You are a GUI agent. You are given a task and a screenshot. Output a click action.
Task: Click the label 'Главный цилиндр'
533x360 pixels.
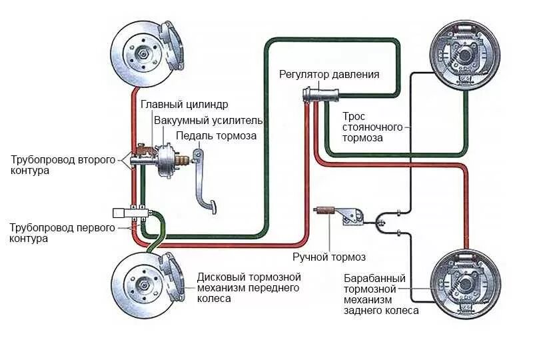[x=185, y=105]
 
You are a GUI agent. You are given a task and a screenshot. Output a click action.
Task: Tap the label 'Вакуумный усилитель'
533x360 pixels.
[x=209, y=121]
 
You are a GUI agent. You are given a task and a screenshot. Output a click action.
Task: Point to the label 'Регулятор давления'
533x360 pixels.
[x=329, y=75]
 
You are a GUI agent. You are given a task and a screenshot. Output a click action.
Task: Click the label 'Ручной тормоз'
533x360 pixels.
[x=329, y=257]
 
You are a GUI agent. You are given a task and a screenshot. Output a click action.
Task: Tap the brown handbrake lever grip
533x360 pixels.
[x=325, y=212]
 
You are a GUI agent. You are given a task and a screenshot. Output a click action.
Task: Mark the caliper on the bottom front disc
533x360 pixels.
[x=171, y=276]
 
